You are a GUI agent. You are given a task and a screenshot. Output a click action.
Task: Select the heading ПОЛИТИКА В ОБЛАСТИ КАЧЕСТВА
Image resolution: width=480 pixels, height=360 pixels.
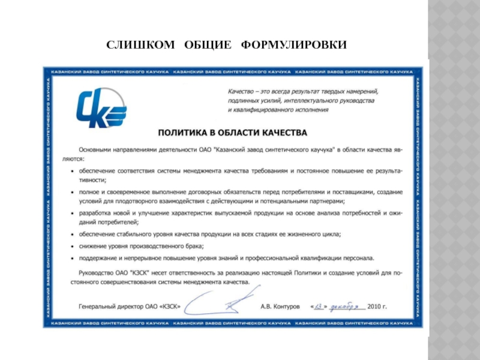232,131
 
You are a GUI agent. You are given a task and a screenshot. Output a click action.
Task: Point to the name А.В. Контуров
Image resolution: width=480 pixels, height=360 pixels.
280,306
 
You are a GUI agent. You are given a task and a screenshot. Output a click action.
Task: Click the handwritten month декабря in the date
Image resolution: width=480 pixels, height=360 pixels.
347,305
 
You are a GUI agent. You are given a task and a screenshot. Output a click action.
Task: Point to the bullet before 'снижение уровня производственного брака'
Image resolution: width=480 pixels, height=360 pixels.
73,247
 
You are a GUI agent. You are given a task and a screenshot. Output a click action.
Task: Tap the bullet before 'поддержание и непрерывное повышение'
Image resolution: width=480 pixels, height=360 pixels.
73,259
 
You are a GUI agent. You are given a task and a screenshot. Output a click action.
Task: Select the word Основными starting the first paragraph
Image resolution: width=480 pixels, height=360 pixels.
98,147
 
